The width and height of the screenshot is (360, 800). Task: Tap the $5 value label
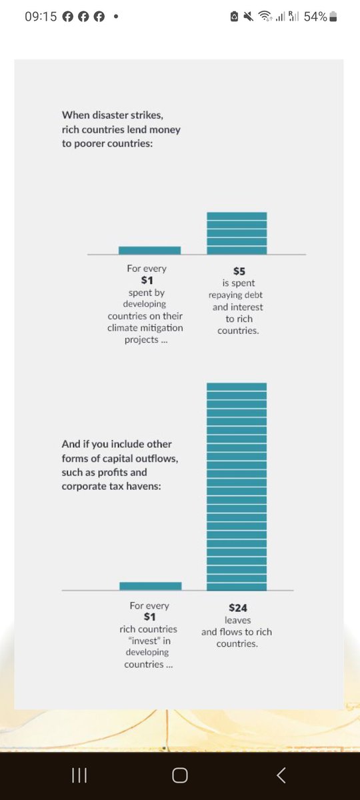pyautogui.click(x=239, y=271)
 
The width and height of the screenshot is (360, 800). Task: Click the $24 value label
pyautogui.click(x=237, y=608)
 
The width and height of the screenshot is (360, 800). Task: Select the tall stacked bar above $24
pyautogui.click(x=237, y=487)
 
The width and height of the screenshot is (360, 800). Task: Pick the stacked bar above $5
pyautogui.click(x=237, y=233)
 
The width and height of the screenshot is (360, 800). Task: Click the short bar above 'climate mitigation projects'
pyautogui.click(x=149, y=250)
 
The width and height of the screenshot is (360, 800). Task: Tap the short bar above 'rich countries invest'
pyautogui.click(x=150, y=586)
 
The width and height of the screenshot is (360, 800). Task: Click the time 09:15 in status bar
pyautogui.click(x=40, y=17)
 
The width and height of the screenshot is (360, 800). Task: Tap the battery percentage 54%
pyautogui.click(x=315, y=17)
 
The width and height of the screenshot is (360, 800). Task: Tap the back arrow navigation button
pyautogui.click(x=281, y=775)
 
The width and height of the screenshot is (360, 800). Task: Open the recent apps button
pyautogui.click(x=79, y=775)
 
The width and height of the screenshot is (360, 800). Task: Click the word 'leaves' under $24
pyautogui.click(x=237, y=620)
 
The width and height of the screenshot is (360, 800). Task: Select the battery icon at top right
pyautogui.click(x=334, y=17)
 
